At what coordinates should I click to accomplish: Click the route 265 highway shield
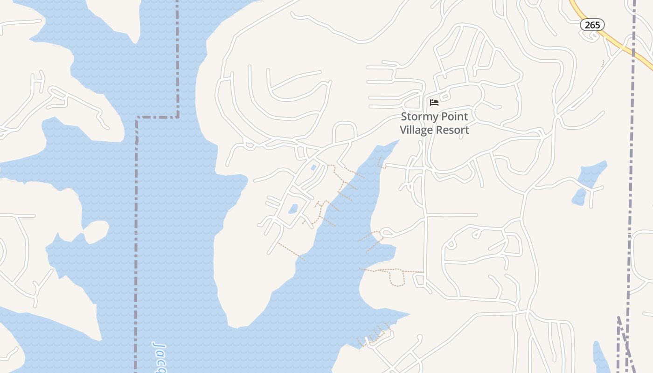click(x=592, y=25)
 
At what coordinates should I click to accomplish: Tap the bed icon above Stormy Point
click(x=434, y=102)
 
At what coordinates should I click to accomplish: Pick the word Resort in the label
click(x=452, y=130)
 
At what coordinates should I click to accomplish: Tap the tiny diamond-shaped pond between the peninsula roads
click(x=313, y=167)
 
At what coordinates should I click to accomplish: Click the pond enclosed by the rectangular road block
click(x=293, y=208)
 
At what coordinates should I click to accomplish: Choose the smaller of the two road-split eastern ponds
click(x=579, y=198)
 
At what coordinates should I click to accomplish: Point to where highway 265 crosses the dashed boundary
click(x=633, y=55)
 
